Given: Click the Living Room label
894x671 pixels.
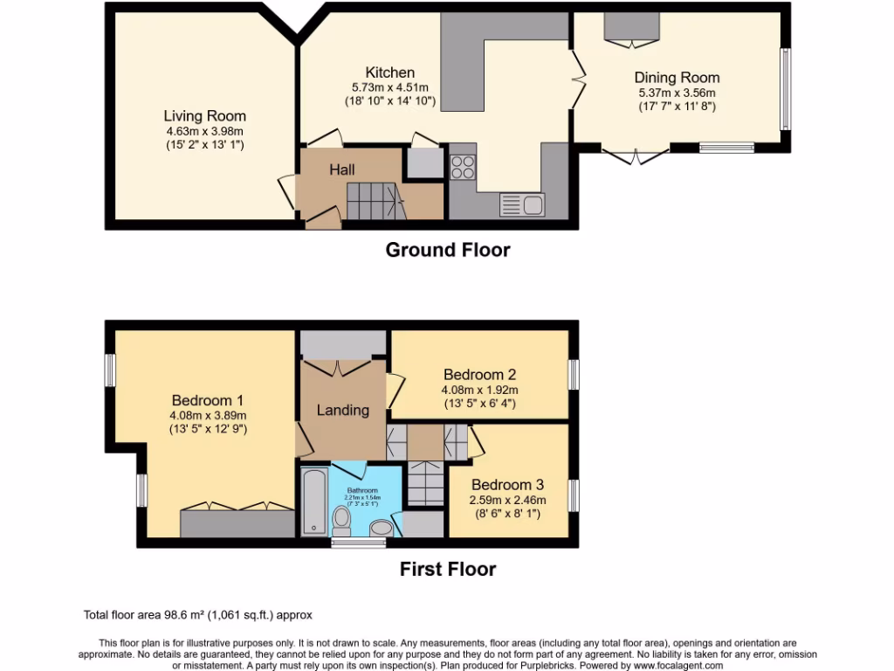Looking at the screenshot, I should (205, 115).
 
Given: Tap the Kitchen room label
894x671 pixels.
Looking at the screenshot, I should (389, 73).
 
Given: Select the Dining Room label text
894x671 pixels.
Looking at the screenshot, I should (677, 78).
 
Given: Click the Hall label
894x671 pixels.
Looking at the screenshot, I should (341, 169).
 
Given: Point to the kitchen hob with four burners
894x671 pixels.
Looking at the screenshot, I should (463, 166).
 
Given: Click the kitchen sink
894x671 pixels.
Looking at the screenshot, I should (521, 205).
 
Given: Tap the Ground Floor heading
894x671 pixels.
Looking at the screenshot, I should (448, 250).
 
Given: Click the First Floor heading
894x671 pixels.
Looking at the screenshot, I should (448, 569).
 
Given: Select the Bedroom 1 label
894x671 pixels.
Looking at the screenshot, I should (208, 401).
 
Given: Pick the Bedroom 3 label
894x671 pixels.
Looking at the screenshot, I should (508, 485).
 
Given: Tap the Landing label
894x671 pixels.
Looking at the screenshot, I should (342, 410).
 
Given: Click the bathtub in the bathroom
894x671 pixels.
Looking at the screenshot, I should (313, 502).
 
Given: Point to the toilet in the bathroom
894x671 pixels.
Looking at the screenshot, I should (341, 522).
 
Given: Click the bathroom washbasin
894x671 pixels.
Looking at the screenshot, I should (382, 528).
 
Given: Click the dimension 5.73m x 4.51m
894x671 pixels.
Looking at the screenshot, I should (389, 87).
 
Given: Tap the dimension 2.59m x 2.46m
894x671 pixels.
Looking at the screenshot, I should (508, 500).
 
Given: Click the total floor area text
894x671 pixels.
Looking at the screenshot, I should (197, 615).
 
